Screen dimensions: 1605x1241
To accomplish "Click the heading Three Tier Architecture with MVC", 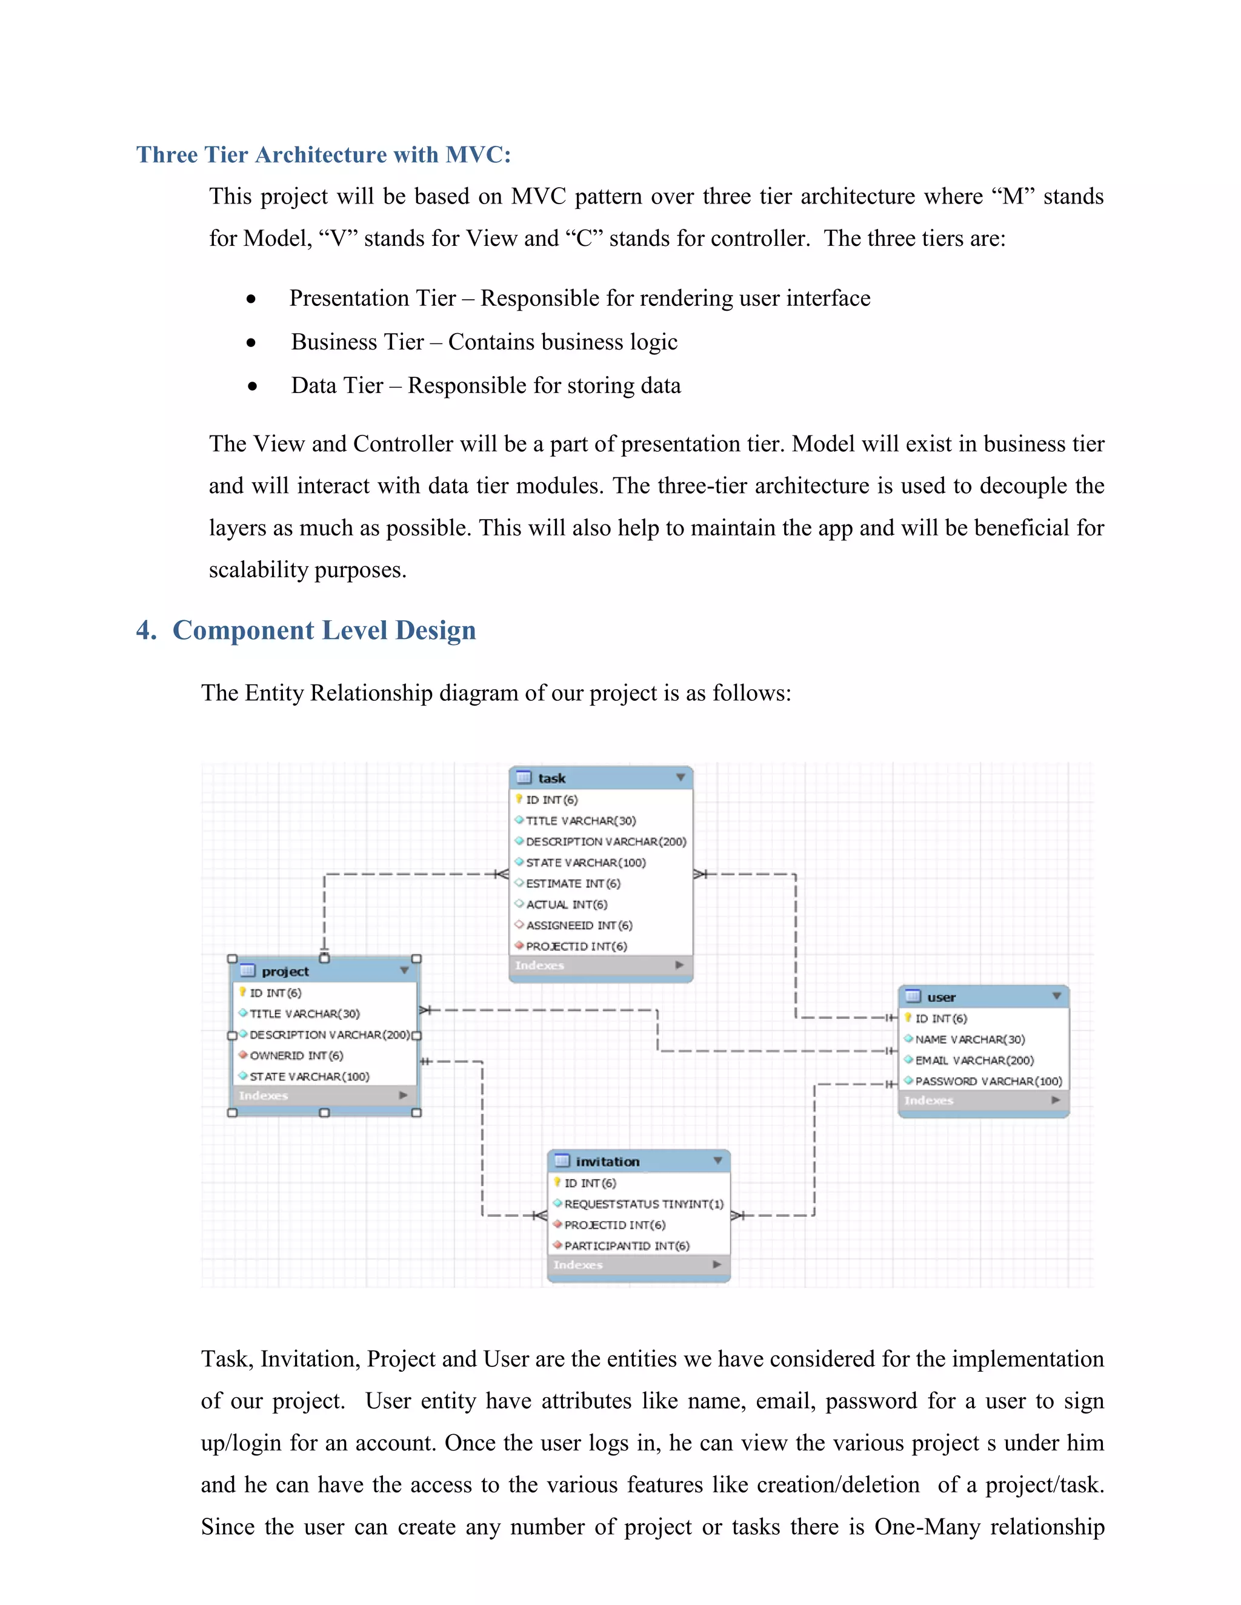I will tap(324, 155).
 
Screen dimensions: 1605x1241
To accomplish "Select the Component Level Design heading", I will tap(324, 630).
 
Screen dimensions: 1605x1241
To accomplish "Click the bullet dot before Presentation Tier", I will tap(251, 299).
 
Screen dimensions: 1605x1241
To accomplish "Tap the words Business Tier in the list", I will tap(358, 342).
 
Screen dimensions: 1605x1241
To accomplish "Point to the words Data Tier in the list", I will tap(337, 385).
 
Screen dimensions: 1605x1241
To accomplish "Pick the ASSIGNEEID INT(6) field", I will tap(579, 925).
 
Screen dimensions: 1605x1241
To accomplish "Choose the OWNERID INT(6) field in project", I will tap(296, 1055).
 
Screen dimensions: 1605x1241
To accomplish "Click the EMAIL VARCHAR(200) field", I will tap(974, 1061).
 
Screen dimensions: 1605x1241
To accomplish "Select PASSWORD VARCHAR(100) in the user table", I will tap(988, 1081).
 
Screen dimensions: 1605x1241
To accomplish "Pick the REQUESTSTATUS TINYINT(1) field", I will tap(644, 1204).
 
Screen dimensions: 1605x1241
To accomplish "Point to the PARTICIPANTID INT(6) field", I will tap(627, 1246).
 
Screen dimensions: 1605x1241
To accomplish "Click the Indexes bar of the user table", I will tap(983, 1100).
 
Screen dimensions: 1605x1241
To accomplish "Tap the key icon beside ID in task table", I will tap(519, 799).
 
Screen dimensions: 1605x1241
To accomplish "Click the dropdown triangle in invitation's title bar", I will tap(717, 1160).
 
